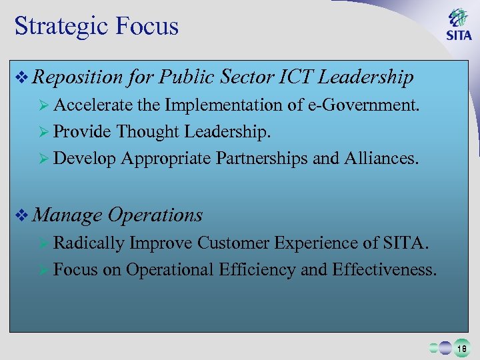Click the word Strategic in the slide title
60,27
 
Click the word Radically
89,243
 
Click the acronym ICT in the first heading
295,78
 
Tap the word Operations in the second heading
155,215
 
